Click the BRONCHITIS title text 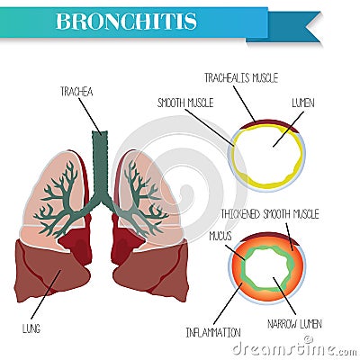point(126,21)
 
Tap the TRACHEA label point(76,92)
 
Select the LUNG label point(31,328)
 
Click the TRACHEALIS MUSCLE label point(241,78)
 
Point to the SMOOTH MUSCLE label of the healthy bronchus point(185,103)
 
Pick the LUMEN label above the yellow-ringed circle point(303,103)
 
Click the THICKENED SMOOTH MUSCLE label point(270,214)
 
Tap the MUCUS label point(220,236)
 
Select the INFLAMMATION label point(213,332)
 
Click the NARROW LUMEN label point(294,324)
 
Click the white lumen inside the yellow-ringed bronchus point(267,156)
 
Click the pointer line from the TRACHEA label point(90,115)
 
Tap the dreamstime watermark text point(295,349)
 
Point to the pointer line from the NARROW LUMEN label point(284,296)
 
